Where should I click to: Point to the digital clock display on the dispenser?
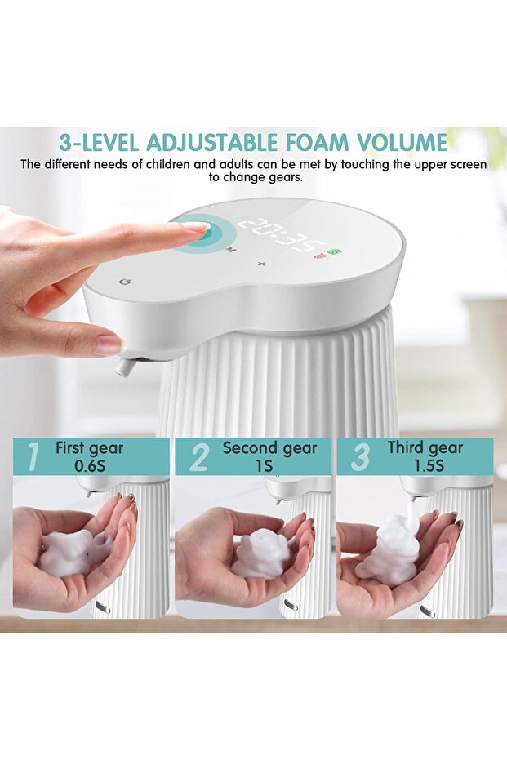click(x=281, y=234)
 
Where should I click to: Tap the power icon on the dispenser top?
click(x=124, y=281)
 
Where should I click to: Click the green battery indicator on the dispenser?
click(x=335, y=252)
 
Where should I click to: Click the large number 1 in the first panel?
click(x=32, y=457)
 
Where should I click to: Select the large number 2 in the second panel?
click(x=198, y=457)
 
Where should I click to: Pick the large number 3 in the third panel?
click(x=359, y=457)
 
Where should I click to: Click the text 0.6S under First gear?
click(x=89, y=466)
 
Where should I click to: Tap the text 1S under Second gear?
click(x=262, y=466)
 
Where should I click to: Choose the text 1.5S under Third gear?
click(x=425, y=466)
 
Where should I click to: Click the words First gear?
click(x=89, y=448)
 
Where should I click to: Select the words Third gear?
click(x=425, y=448)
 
